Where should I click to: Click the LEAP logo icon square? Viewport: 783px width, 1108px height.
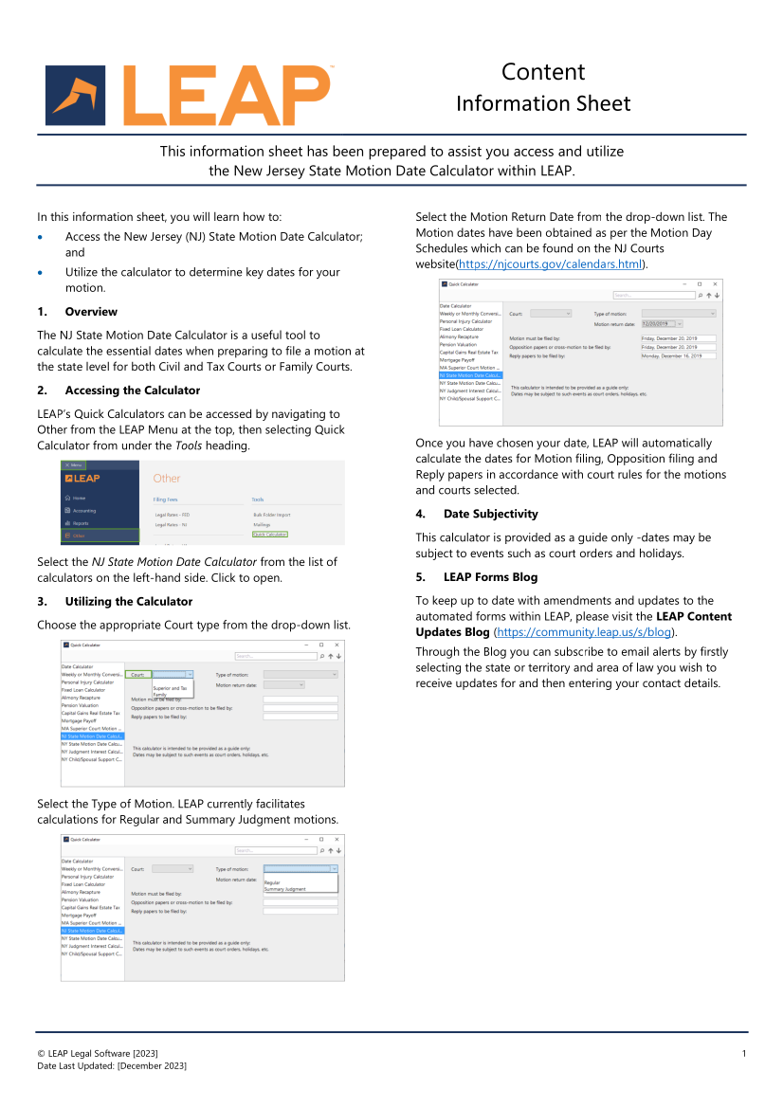75,96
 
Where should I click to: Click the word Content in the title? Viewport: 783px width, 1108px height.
543,72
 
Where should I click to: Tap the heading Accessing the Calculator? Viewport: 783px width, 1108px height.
132,391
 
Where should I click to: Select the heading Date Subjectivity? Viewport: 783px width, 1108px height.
490,514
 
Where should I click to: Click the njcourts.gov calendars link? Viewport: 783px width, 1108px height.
551,263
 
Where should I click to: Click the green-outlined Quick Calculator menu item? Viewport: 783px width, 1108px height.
270,535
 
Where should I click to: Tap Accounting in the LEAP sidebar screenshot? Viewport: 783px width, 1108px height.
84,511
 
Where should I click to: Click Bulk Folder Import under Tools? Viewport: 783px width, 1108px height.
272,515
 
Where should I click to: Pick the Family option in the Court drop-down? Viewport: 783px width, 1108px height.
160,695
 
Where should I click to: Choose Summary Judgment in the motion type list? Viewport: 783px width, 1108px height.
285,889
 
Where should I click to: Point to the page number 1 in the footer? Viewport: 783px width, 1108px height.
744,1054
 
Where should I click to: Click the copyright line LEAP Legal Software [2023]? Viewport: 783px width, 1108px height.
98,1054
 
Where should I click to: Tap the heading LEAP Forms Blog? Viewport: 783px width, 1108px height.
490,577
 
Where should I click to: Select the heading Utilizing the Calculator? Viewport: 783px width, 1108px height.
128,601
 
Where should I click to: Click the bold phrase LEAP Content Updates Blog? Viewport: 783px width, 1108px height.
574,625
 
